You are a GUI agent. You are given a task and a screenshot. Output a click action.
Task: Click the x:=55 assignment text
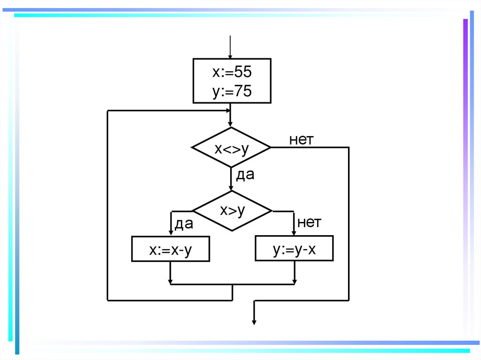[232, 72]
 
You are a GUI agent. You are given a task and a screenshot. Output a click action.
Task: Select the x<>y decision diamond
[231, 147]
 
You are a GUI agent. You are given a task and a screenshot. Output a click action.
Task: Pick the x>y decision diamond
[232, 211]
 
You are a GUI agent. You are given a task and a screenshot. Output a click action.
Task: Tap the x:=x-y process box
[171, 249]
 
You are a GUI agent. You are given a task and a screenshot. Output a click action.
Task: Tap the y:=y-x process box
[294, 249]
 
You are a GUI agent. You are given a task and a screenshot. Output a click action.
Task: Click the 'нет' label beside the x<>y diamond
[301, 139]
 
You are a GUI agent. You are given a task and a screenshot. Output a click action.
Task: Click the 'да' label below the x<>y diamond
[245, 175]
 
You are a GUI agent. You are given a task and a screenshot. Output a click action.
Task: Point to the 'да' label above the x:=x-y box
[184, 224]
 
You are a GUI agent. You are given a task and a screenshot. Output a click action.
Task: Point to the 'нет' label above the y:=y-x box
[309, 222]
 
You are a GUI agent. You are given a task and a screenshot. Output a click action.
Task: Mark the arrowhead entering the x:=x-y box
[171, 234]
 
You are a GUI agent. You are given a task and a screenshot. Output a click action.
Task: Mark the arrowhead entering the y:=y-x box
[295, 233]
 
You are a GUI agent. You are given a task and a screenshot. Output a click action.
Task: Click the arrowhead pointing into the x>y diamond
[231, 188]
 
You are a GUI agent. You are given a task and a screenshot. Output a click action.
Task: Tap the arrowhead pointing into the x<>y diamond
[230, 124]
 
